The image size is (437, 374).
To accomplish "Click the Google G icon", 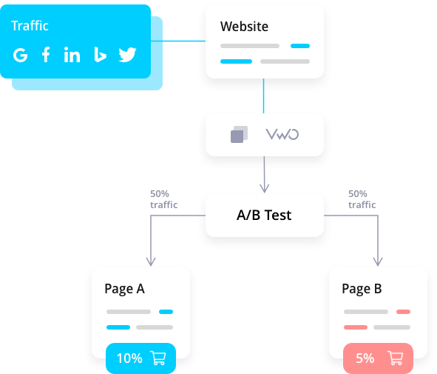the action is click(x=21, y=55).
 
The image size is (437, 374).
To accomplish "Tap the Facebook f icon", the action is click(x=46, y=54).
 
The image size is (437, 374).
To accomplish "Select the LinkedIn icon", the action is click(x=72, y=54).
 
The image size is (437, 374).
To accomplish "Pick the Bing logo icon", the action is click(x=100, y=54).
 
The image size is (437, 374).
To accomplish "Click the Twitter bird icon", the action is click(x=127, y=54).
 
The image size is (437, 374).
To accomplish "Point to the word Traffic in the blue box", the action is click(x=30, y=26).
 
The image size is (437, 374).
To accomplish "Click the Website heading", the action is click(x=244, y=27).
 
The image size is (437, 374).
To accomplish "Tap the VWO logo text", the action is click(x=282, y=134).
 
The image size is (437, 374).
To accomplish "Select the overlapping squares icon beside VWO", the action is click(x=239, y=134).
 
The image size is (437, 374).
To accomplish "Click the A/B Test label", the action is click(x=264, y=216).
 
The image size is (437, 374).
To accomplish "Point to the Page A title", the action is click(x=124, y=289).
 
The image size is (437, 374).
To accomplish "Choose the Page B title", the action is click(x=362, y=289).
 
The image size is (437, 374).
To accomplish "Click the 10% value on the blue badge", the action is click(x=129, y=358).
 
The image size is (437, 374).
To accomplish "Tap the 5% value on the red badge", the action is click(x=365, y=358).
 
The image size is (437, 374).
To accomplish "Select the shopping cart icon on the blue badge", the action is click(x=158, y=358).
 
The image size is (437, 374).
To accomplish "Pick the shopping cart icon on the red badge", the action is click(x=395, y=358).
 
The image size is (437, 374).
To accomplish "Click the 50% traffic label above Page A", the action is click(x=164, y=199).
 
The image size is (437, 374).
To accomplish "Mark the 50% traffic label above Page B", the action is click(x=362, y=199).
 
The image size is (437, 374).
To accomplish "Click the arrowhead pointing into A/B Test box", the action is click(x=264, y=188).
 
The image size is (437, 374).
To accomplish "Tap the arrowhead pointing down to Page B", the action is click(x=378, y=261).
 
